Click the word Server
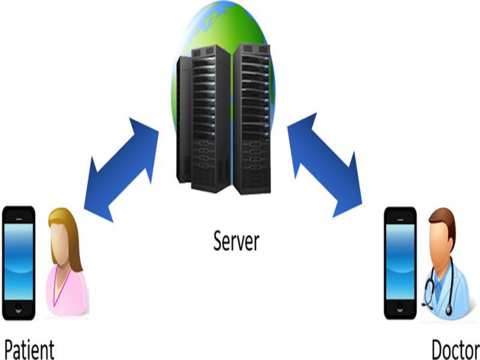(x=236, y=241)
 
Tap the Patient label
(x=29, y=350)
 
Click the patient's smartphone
(x=19, y=261)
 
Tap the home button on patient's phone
(x=19, y=307)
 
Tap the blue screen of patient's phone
(x=19, y=258)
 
